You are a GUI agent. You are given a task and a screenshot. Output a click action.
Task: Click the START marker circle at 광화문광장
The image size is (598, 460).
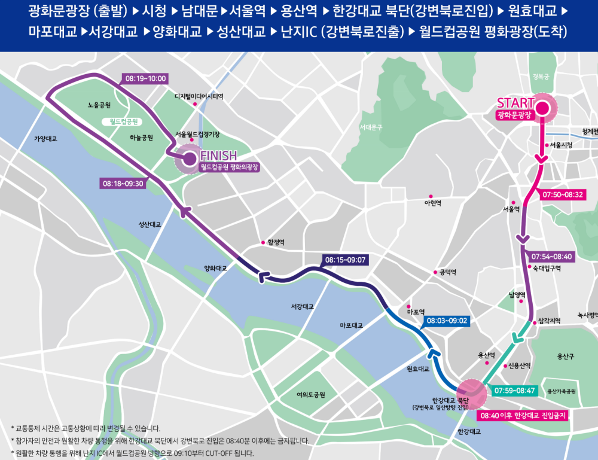tap(542, 108)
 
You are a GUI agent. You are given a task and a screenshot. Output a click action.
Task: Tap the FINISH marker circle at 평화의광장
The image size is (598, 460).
tap(189, 159)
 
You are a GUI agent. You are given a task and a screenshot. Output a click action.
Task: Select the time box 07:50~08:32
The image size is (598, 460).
tap(562, 194)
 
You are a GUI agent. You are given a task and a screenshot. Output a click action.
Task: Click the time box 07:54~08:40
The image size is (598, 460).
tap(551, 256)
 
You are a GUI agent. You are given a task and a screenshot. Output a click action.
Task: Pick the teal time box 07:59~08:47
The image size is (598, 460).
tap(515, 391)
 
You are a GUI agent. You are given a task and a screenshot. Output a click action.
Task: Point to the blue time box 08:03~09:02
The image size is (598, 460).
tap(446, 321)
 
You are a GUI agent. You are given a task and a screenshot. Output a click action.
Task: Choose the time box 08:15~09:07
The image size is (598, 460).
tap(344, 260)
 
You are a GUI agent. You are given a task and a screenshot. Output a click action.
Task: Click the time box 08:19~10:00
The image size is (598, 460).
tap(145, 78)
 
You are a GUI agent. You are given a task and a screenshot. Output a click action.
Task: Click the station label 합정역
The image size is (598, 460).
tap(275, 242)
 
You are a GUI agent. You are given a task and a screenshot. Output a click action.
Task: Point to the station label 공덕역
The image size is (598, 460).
tap(447, 272)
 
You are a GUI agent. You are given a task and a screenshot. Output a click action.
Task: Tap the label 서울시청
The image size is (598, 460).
tap(561, 145)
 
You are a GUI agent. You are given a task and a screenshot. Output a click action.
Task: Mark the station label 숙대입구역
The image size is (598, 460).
tap(546, 269)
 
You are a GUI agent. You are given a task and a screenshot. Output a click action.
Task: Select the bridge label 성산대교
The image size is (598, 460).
tap(149, 225)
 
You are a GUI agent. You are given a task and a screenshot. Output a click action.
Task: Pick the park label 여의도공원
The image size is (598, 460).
tap(310, 395)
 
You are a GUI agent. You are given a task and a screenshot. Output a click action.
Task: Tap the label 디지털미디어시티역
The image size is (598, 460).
tap(199, 96)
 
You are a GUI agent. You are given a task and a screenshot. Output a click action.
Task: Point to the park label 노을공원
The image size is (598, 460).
tap(99, 105)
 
